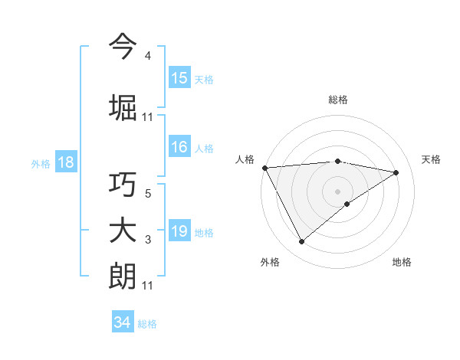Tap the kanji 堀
tap(123, 108)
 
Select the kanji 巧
tap(123, 186)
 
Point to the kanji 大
tap(123, 231)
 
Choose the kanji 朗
tap(123, 277)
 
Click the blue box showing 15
tap(179, 78)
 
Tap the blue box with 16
tap(179, 148)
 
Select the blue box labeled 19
tap(179, 232)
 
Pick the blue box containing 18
tap(65, 162)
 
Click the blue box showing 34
tap(122, 322)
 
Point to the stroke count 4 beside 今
tap(147, 56)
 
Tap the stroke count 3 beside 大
tap(147, 241)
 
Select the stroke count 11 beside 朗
tap(147, 286)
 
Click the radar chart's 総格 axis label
tap(338, 100)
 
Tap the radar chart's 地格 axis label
tap(402, 262)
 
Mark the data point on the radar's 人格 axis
tap(264, 167)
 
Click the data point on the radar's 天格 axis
tap(396, 172)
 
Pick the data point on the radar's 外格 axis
tap(301, 242)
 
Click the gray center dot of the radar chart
tap(337, 191)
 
